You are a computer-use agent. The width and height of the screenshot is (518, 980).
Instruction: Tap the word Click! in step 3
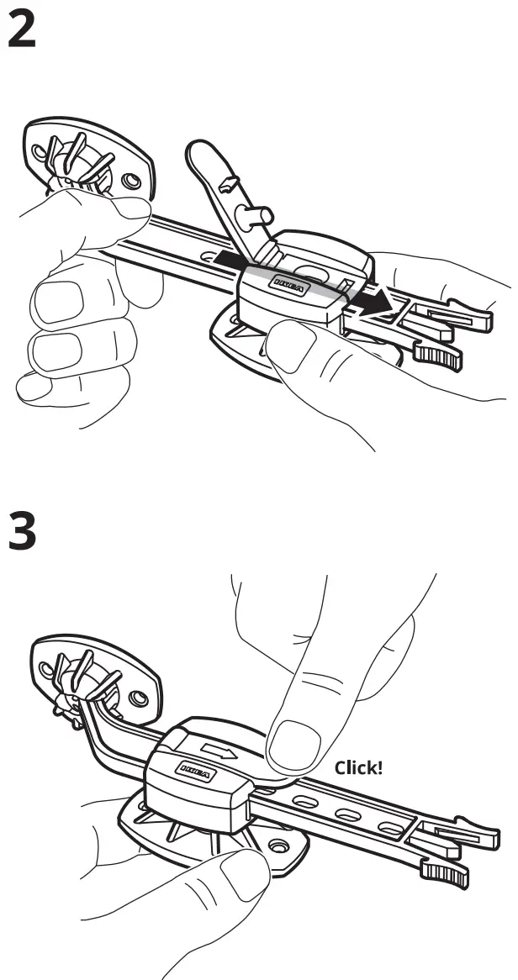click(x=358, y=767)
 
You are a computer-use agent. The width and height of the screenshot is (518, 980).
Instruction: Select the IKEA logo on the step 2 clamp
click(x=290, y=286)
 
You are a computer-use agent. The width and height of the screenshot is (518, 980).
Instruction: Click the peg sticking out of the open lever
click(x=253, y=217)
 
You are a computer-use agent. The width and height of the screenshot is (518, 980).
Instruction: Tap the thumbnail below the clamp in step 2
click(x=290, y=349)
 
